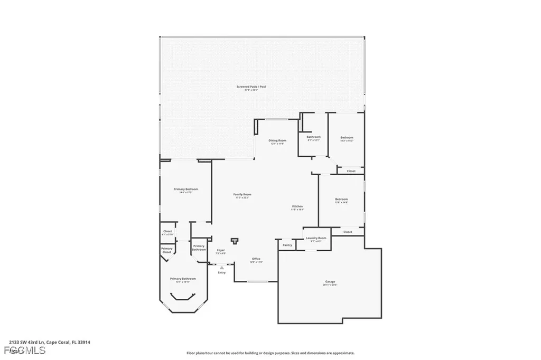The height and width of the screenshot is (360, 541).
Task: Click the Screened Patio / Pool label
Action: [x=251, y=86]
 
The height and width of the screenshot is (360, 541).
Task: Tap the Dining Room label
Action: [x=278, y=140]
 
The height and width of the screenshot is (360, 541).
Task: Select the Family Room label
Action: [x=242, y=194]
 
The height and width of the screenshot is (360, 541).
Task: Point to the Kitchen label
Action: [x=297, y=206]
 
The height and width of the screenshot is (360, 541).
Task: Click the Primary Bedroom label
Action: [x=185, y=189]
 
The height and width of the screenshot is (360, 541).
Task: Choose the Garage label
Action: [x=330, y=281]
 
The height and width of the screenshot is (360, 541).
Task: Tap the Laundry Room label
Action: [x=316, y=238]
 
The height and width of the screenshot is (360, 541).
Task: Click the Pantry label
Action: [x=287, y=245]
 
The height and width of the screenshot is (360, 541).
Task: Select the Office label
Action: [x=256, y=259]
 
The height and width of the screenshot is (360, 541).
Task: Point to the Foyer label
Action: [x=221, y=250]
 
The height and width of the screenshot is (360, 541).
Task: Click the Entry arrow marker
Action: [x=221, y=268]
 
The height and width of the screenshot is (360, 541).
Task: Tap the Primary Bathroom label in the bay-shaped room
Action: [x=183, y=279]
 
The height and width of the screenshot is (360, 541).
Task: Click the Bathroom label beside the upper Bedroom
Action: [x=313, y=137]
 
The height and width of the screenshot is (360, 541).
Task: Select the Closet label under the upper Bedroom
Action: [x=351, y=171]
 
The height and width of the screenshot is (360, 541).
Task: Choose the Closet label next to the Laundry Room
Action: [x=348, y=232]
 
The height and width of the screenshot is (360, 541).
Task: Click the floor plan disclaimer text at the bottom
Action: [x=270, y=353]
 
